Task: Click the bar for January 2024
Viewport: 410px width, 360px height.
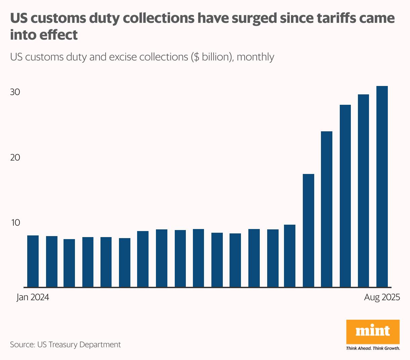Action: (33, 261)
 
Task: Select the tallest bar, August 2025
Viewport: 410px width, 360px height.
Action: (382, 187)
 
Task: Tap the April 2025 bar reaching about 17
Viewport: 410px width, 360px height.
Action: (309, 231)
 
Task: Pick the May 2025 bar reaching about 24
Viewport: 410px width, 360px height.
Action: (327, 209)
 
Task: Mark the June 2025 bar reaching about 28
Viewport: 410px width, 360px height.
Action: (345, 196)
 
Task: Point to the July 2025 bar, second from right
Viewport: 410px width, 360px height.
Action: (363, 191)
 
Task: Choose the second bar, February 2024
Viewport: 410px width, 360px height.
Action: (52, 262)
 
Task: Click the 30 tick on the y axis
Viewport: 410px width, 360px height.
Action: (15, 92)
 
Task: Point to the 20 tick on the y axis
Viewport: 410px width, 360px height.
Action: (15, 157)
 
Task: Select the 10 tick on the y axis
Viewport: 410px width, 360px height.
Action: (15, 223)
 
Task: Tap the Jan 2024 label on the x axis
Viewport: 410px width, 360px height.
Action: (33, 298)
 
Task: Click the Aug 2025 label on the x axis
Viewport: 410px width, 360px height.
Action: (382, 298)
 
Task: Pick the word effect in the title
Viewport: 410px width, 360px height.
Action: (63, 35)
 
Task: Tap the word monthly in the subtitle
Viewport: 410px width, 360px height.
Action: (255, 57)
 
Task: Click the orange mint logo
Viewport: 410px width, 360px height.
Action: (373, 331)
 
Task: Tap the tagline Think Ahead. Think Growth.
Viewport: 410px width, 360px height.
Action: (373, 348)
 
